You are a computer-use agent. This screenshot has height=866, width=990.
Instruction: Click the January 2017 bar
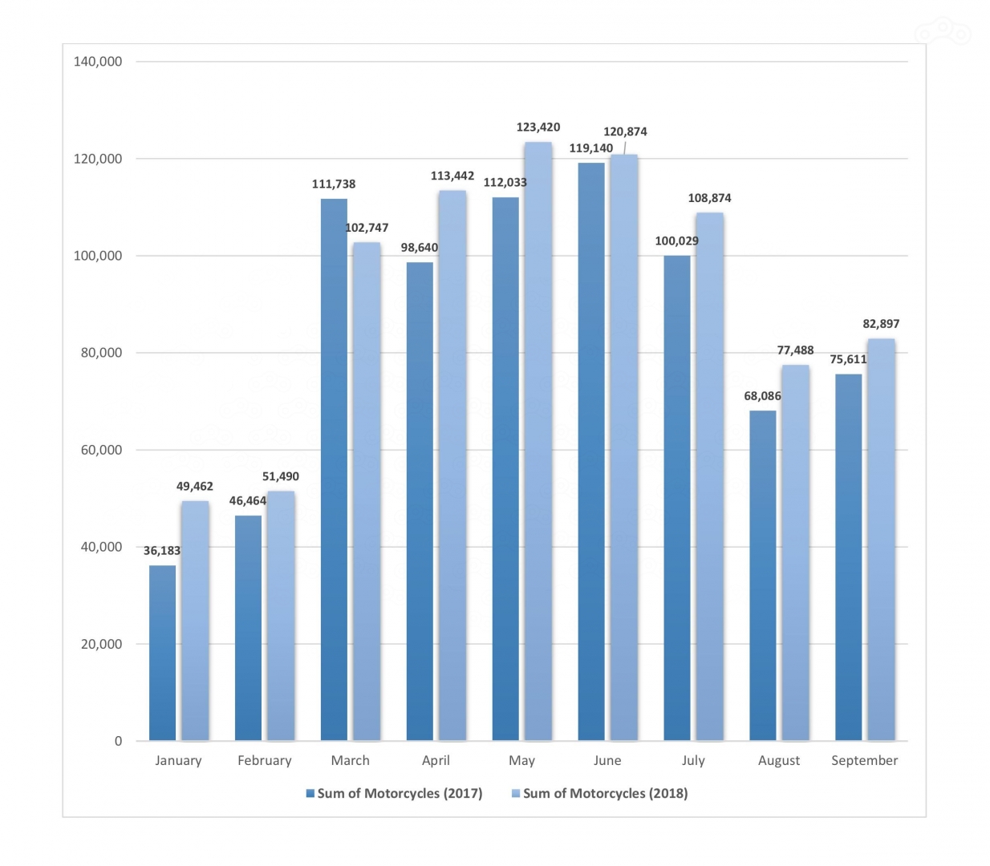pos(162,653)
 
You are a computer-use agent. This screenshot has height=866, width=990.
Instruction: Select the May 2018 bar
pos(538,441)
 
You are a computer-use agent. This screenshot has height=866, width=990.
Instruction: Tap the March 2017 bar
pos(334,469)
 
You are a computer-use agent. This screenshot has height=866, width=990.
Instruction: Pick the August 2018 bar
pos(795,552)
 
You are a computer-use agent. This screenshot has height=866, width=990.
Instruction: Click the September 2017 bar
pos(848,556)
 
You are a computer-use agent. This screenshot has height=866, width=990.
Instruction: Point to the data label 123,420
pos(538,127)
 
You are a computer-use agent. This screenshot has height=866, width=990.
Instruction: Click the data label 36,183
pos(162,551)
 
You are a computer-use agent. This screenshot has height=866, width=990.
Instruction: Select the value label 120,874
pos(625,132)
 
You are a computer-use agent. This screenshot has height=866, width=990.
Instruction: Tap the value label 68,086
pos(762,396)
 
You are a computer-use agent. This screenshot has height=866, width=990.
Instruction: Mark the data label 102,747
pos(367,228)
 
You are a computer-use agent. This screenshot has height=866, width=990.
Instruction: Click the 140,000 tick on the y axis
pos(98,62)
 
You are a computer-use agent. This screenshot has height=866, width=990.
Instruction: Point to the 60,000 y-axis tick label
pos(101,450)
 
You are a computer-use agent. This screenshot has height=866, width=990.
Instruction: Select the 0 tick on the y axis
pos(118,741)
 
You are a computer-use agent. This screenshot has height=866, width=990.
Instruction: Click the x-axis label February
pos(265,760)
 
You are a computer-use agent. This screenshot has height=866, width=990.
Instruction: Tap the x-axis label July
pos(693,760)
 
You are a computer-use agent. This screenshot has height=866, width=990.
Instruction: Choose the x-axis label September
pos(864,760)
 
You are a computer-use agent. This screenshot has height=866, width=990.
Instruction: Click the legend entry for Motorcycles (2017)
pos(394,793)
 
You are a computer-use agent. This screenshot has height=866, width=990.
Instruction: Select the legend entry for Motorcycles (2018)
pos(599,793)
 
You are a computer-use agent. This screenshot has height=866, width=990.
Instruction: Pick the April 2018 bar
pos(452,465)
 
